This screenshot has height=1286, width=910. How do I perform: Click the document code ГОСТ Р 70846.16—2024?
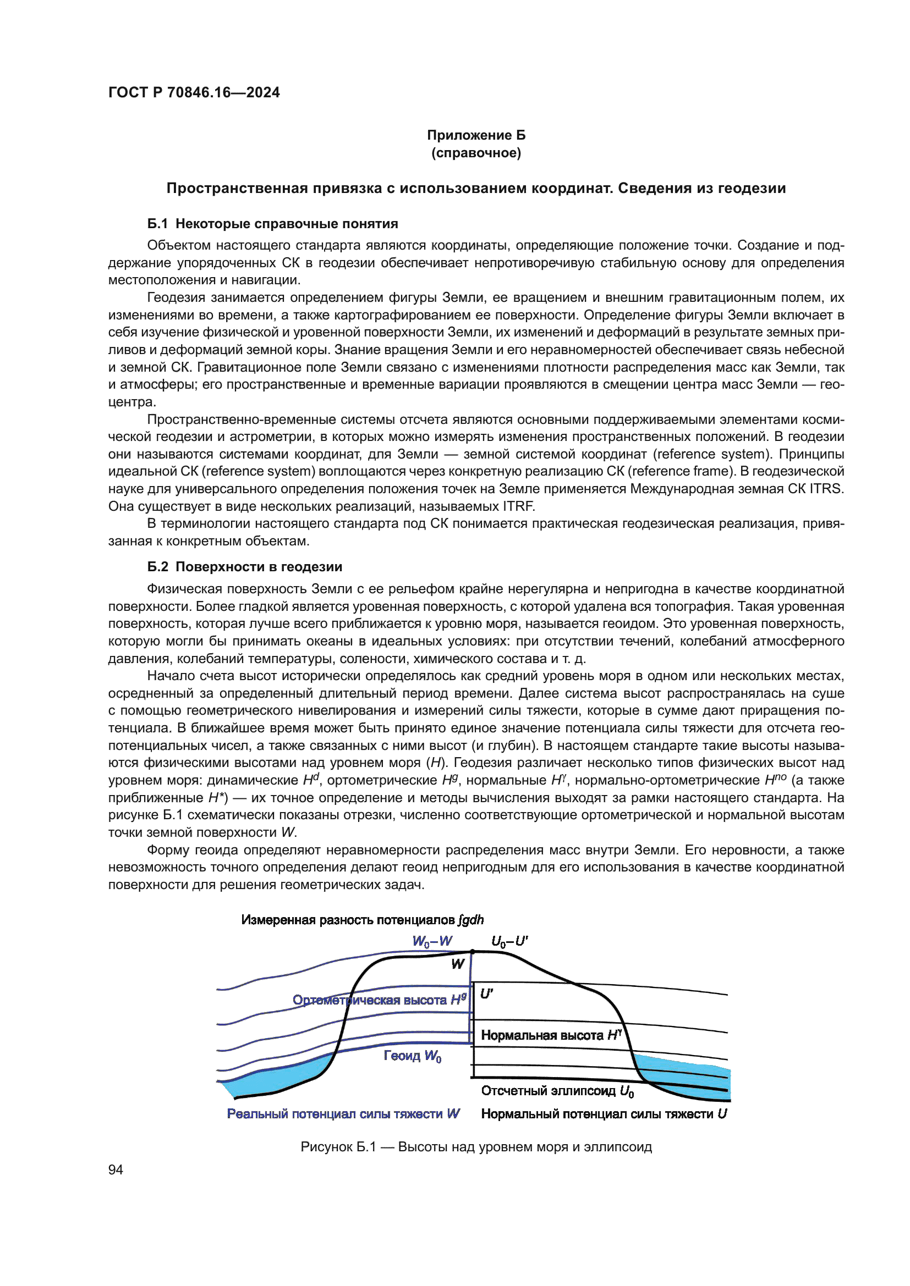coord(194,92)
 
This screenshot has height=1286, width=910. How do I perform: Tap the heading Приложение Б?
coord(476,135)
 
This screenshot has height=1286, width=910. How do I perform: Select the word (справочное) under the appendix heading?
coord(476,153)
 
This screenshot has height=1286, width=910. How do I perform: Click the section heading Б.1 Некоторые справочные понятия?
coord(272,223)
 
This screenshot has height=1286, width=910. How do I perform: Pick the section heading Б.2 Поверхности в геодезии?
coord(244,566)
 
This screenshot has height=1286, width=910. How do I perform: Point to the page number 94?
coord(116,1169)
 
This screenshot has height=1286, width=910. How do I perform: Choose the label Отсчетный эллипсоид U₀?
coord(557,1090)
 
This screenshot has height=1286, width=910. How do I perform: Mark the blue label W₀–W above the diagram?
coord(432,941)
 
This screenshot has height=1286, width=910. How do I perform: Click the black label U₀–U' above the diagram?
coord(509,941)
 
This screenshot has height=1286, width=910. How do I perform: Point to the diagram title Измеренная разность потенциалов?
coord(362,920)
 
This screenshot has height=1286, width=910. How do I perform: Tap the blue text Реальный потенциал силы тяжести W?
coord(343,1114)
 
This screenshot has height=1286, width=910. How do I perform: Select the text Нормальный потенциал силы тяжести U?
coord(604,1114)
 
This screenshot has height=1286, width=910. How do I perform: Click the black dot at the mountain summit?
coord(473,952)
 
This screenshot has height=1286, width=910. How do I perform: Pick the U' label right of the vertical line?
coord(486,994)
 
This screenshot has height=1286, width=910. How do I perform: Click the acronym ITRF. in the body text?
coord(518,506)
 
